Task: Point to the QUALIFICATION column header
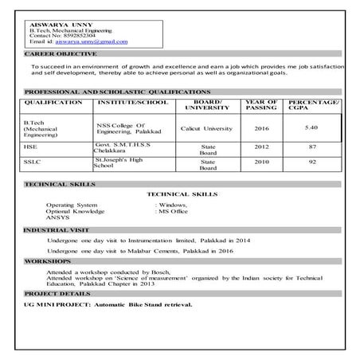(x=53, y=103)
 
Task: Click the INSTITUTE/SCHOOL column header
(x=127, y=103)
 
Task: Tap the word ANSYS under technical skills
(x=57, y=217)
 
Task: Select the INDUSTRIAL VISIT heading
(x=53, y=229)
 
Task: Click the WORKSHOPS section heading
(x=47, y=261)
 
